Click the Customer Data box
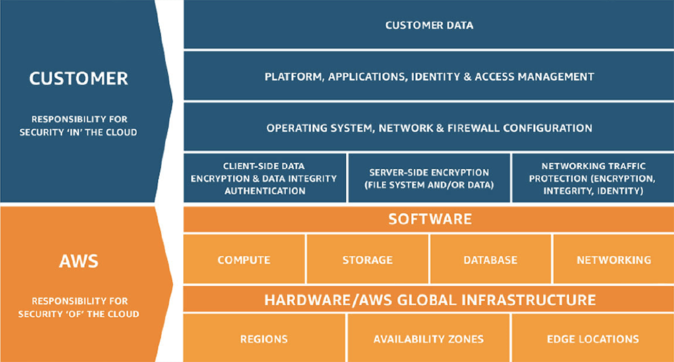tap(429, 25)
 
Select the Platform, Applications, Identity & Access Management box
tap(429, 76)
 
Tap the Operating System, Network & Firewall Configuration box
tap(429, 127)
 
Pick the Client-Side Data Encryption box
tap(264, 178)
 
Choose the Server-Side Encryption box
tap(429, 178)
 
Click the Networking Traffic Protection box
tap(592, 178)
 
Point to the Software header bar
tap(429, 220)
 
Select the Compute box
tap(244, 260)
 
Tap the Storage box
tap(367, 260)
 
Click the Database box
tap(490, 260)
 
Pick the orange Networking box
tap(613, 260)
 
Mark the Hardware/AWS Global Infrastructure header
tap(429, 299)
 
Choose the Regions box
tap(264, 339)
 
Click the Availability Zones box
tap(429, 339)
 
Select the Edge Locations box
tap(592, 339)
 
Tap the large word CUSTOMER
tap(79, 79)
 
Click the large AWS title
tap(79, 261)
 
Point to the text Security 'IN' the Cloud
tap(79, 132)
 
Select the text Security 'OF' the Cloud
tap(79, 313)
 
